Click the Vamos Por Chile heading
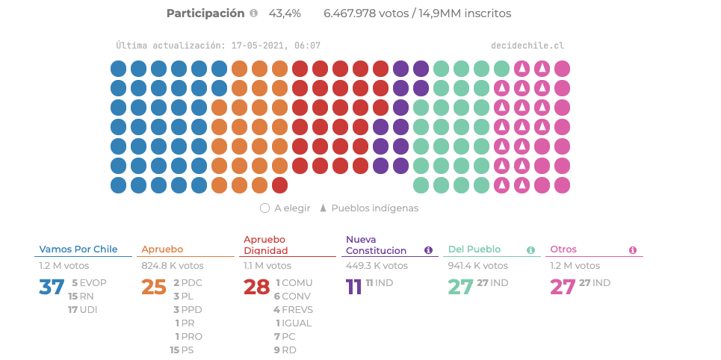pyautogui.click(x=78, y=249)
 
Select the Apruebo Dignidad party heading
pyautogui.click(x=264, y=245)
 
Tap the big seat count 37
pyautogui.click(x=52, y=287)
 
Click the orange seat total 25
pyautogui.click(x=154, y=287)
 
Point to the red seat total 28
pyautogui.click(x=256, y=287)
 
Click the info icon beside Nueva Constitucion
pyautogui.click(x=429, y=250)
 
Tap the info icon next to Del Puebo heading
pyautogui.click(x=531, y=250)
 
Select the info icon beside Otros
pyautogui.click(x=633, y=250)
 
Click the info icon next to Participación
pyautogui.click(x=253, y=13)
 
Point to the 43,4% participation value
pyautogui.click(x=285, y=13)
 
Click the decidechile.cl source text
pyautogui.click(x=527, y=46)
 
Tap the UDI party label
pyautogui.click(x=88, y=309)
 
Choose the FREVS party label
pyautogui.click(x=297, y=309)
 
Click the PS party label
pyautogui.click(x=188, y=350)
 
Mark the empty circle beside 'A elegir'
pyautogui.click(x=264, y=208)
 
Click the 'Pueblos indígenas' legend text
pyautogui.click(x=374, y=208)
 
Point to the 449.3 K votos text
pyautogui.click(x=377, y=265)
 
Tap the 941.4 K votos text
pyautogui.click(x=478, y=265)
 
